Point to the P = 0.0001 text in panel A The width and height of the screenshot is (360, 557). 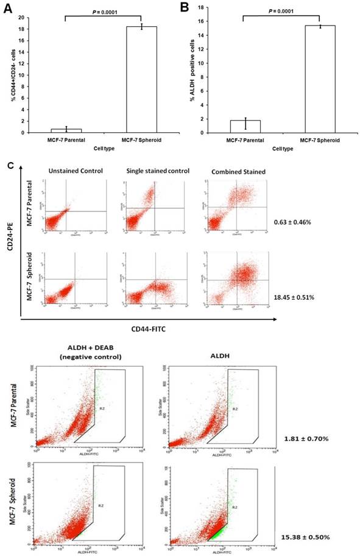[x=102, y=10]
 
